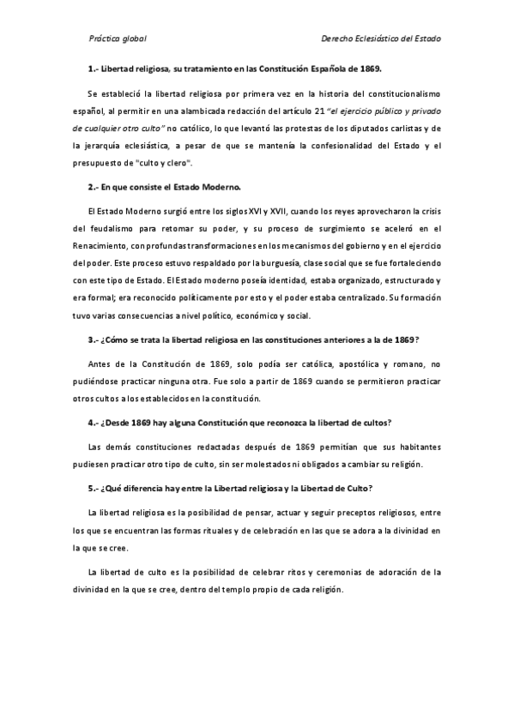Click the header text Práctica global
118,39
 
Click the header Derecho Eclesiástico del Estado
380,39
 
